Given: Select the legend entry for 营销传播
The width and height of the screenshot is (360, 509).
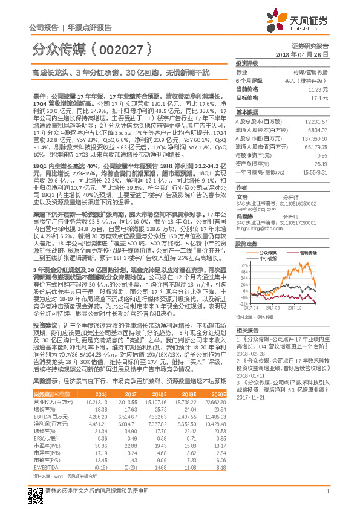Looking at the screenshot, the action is click(311, 252).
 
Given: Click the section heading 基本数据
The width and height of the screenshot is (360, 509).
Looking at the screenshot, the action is click(247, 112).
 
